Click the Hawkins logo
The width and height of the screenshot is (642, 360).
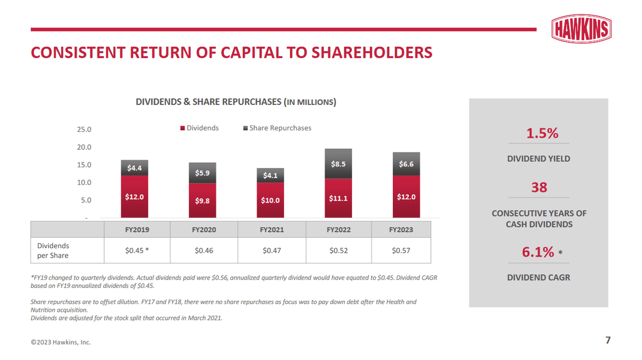(582, 29)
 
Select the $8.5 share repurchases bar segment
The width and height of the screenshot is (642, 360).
(338, 164)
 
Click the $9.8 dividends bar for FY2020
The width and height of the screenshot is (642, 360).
(202, 201)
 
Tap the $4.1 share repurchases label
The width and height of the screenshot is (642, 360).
(270, 175)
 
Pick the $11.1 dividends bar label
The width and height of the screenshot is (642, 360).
(338, 199)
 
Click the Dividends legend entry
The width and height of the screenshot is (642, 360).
(200, 128)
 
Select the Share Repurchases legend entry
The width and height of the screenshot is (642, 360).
(277, 128)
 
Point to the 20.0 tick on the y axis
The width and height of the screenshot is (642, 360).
(84, 147)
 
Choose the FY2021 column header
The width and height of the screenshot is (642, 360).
(271, 230)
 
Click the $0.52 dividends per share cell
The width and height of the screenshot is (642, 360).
(338, 250)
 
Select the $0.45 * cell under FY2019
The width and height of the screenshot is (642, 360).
(136, 250)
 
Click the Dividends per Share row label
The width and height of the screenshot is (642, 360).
(53, 250)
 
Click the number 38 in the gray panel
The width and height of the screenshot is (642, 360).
(539, 188)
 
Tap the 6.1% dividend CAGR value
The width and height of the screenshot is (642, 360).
(538, 252)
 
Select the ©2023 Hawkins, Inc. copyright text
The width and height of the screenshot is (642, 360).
(61, 342)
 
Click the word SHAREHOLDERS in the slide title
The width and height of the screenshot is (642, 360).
(369, 53)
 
